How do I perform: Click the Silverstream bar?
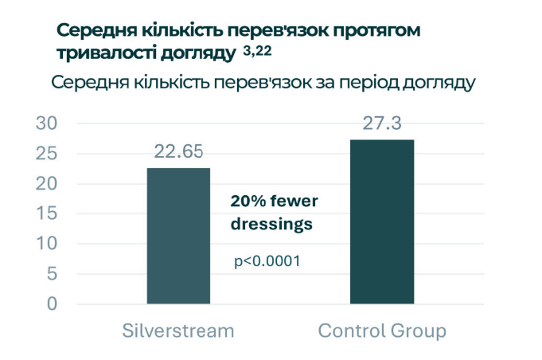coord(178,236)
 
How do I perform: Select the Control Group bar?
coord(381,221)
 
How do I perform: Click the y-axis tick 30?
coord(47,123)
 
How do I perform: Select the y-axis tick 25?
coord(47,154)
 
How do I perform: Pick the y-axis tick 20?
coord(47,184)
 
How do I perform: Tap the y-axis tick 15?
coord(47,213)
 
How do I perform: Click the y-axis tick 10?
coord(47,244)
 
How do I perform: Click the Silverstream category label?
coord(178,331)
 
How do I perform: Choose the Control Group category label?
coord(382,331)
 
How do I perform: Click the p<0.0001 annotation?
coord(267,260)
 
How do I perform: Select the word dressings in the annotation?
coord(271,225)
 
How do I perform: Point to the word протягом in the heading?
coord(375,31)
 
